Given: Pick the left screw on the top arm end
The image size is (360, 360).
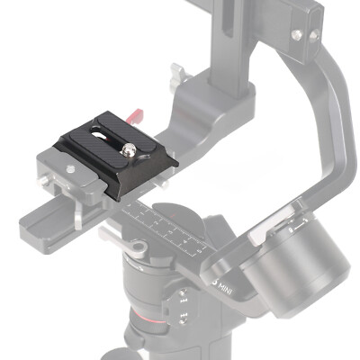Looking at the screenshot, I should point(295,35).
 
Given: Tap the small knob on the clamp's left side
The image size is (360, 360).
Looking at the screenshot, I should point(45,183).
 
